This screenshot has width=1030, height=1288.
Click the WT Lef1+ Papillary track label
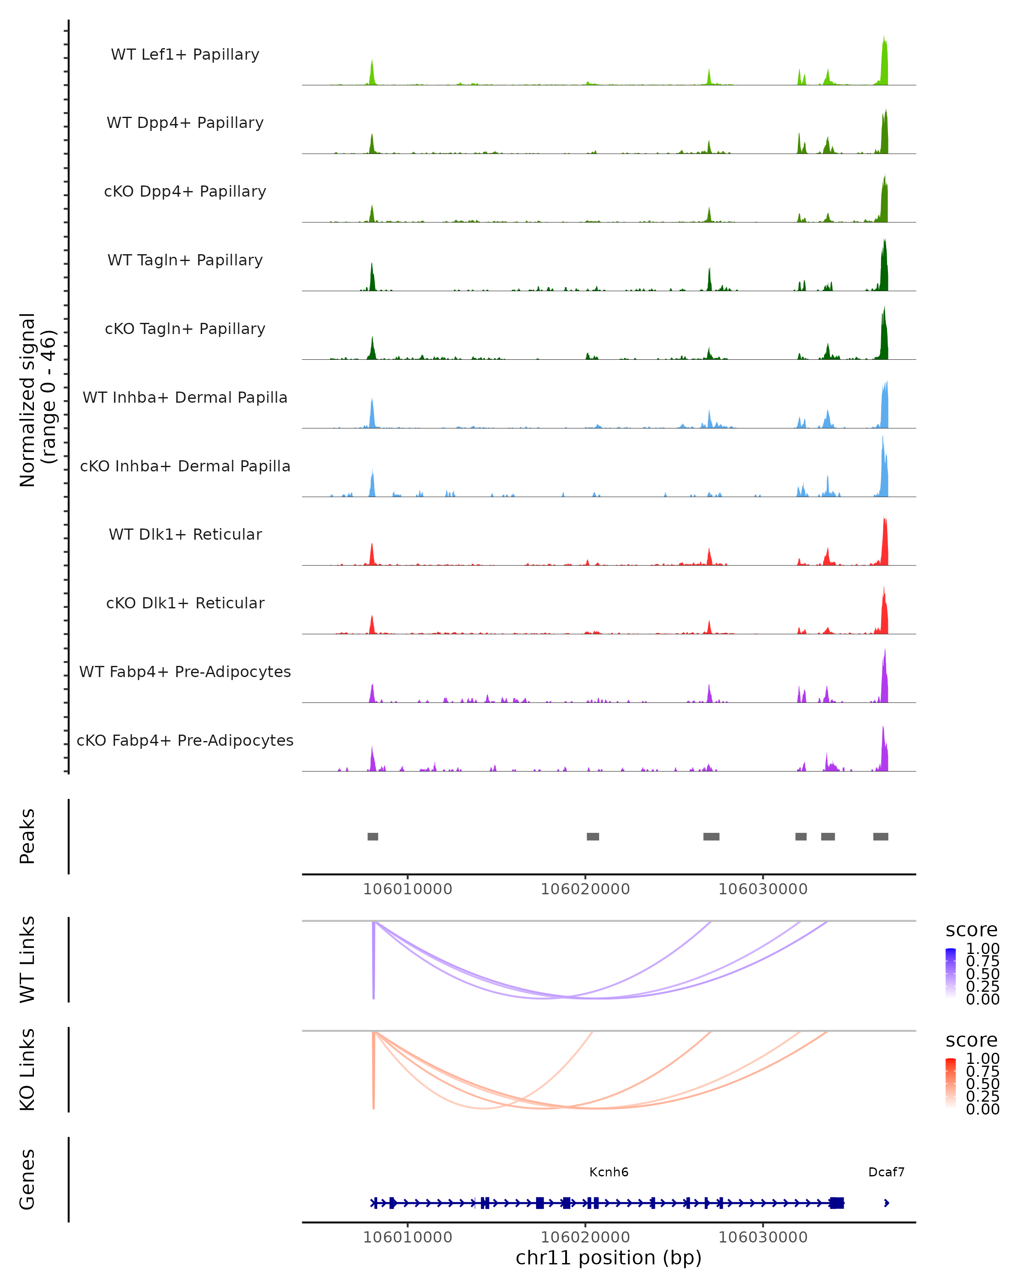pos(185,55)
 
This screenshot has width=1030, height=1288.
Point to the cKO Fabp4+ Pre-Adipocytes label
pos(185,740)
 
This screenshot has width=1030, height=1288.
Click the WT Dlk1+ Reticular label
pos(185,534)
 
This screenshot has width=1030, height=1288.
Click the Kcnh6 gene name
pos(609,1172)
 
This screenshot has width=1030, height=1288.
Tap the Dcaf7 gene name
pos(886,1172)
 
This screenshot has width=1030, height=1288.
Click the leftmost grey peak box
pos(373,836)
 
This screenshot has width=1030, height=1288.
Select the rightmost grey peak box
pos(880,836)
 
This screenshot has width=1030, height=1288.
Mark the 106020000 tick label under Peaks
pos(585,889)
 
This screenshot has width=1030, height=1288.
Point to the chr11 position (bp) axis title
pos(609,1258)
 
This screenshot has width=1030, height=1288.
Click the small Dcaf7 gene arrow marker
pos(886,1203)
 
